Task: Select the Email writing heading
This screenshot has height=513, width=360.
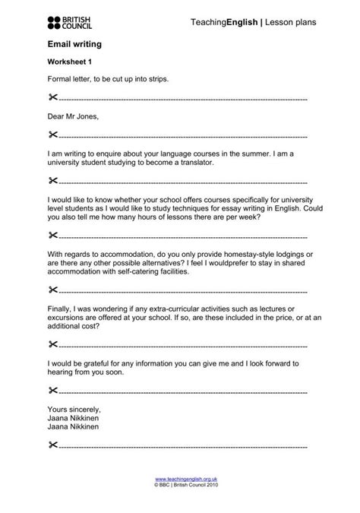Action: (74, 46)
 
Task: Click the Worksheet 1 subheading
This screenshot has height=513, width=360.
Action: (70, 63)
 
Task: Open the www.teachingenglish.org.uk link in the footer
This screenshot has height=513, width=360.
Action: (181, 480)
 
